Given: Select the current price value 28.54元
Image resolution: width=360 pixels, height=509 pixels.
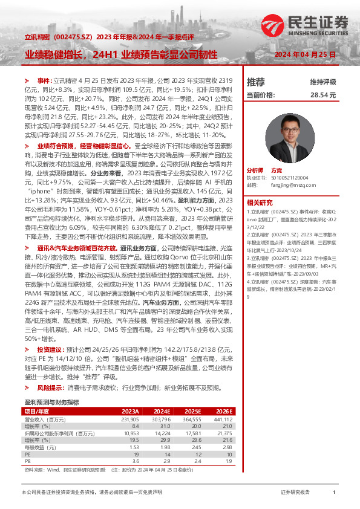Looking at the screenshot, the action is click(x=323, y=96).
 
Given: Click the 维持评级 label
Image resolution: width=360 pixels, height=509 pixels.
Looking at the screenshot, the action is click(x=323, y=82).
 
